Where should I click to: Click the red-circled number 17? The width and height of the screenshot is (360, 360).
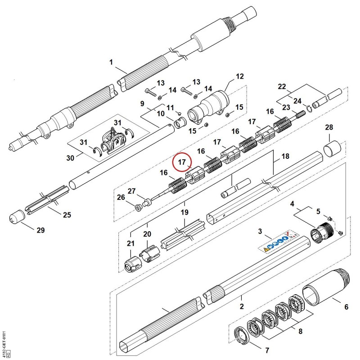coord(182,162)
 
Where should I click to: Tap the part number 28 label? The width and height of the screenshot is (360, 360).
coord(329,127)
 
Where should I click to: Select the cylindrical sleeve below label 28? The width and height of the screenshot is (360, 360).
coord(332,149)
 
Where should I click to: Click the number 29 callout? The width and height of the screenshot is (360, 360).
coord(40,230)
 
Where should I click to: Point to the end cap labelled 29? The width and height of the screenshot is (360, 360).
coord(17,216)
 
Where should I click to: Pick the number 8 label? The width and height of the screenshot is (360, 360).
coord(300,331)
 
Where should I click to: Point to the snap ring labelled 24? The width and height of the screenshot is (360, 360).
coord(309,108)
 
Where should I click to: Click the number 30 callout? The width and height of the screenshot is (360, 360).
coord(71,158)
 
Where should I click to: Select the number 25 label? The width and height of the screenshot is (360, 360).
coord(67,215)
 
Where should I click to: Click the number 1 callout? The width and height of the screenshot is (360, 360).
coord(111,62)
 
